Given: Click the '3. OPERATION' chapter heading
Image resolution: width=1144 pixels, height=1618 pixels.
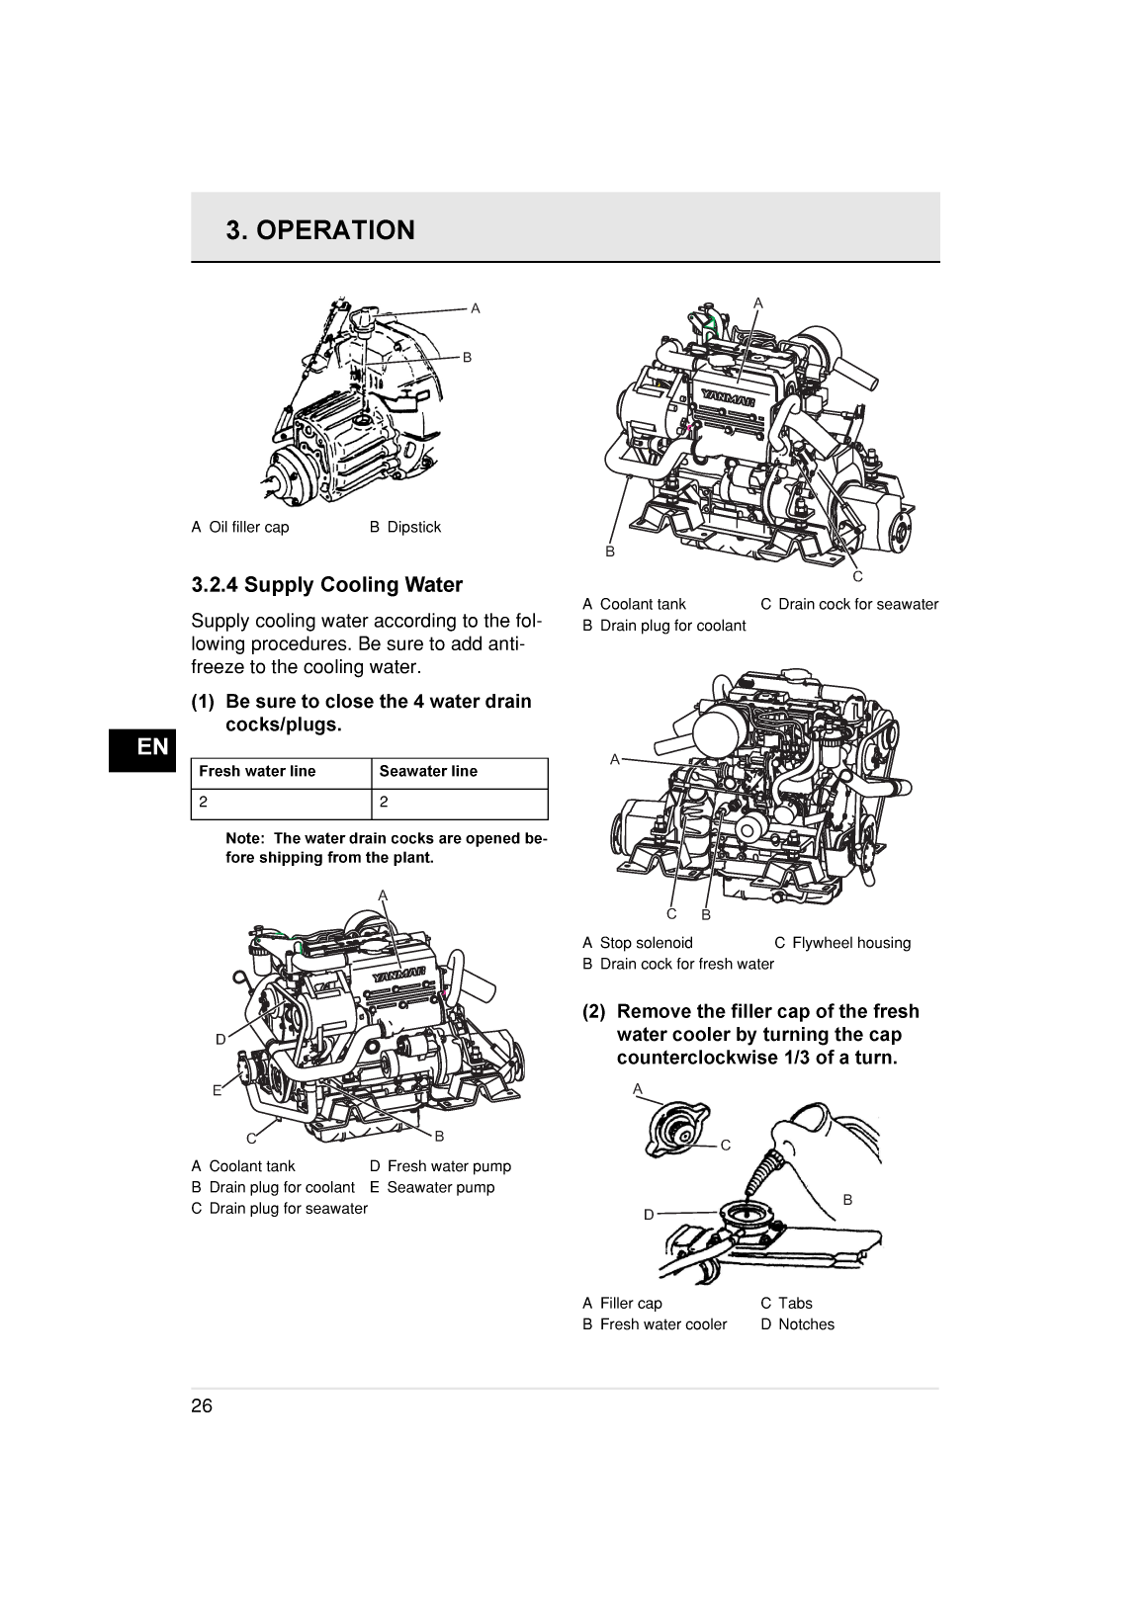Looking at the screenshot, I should click(x=320, y=230).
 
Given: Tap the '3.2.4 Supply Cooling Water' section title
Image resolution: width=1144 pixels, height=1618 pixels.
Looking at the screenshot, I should click(x=326, y=585).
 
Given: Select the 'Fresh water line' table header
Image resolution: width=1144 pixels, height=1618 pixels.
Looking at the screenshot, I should click(x=257, y=772).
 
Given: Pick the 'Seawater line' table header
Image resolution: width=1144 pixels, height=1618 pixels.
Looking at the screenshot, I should click(x=428, y=772).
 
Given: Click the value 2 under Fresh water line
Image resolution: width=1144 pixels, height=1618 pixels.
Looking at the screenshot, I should click(x=204, y=803).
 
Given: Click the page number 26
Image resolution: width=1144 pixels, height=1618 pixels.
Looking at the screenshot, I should click(x=202, y=1406).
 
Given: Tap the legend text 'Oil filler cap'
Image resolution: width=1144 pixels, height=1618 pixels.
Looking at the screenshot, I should click(x=249, y=528).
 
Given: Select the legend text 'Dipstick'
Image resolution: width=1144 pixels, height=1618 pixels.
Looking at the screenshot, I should click(x=413, y=528).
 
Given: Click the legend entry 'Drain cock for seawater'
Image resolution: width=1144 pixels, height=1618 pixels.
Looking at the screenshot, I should click(x=857, y=605).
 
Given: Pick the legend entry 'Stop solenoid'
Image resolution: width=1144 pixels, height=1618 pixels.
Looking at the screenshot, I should click(x=646, y=944).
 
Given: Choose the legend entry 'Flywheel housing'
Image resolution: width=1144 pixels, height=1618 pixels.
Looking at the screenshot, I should click(x=850, y=944).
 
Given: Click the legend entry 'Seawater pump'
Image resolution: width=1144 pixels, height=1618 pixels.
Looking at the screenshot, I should click(x=440, y=1188).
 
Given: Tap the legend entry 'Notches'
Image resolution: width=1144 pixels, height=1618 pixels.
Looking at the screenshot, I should click(x=806, y=1325).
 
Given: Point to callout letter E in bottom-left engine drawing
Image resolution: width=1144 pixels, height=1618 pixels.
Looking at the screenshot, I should click(x=217, y=1091).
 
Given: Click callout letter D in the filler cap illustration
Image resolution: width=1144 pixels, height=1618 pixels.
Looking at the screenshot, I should click(x=649, y=1215).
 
